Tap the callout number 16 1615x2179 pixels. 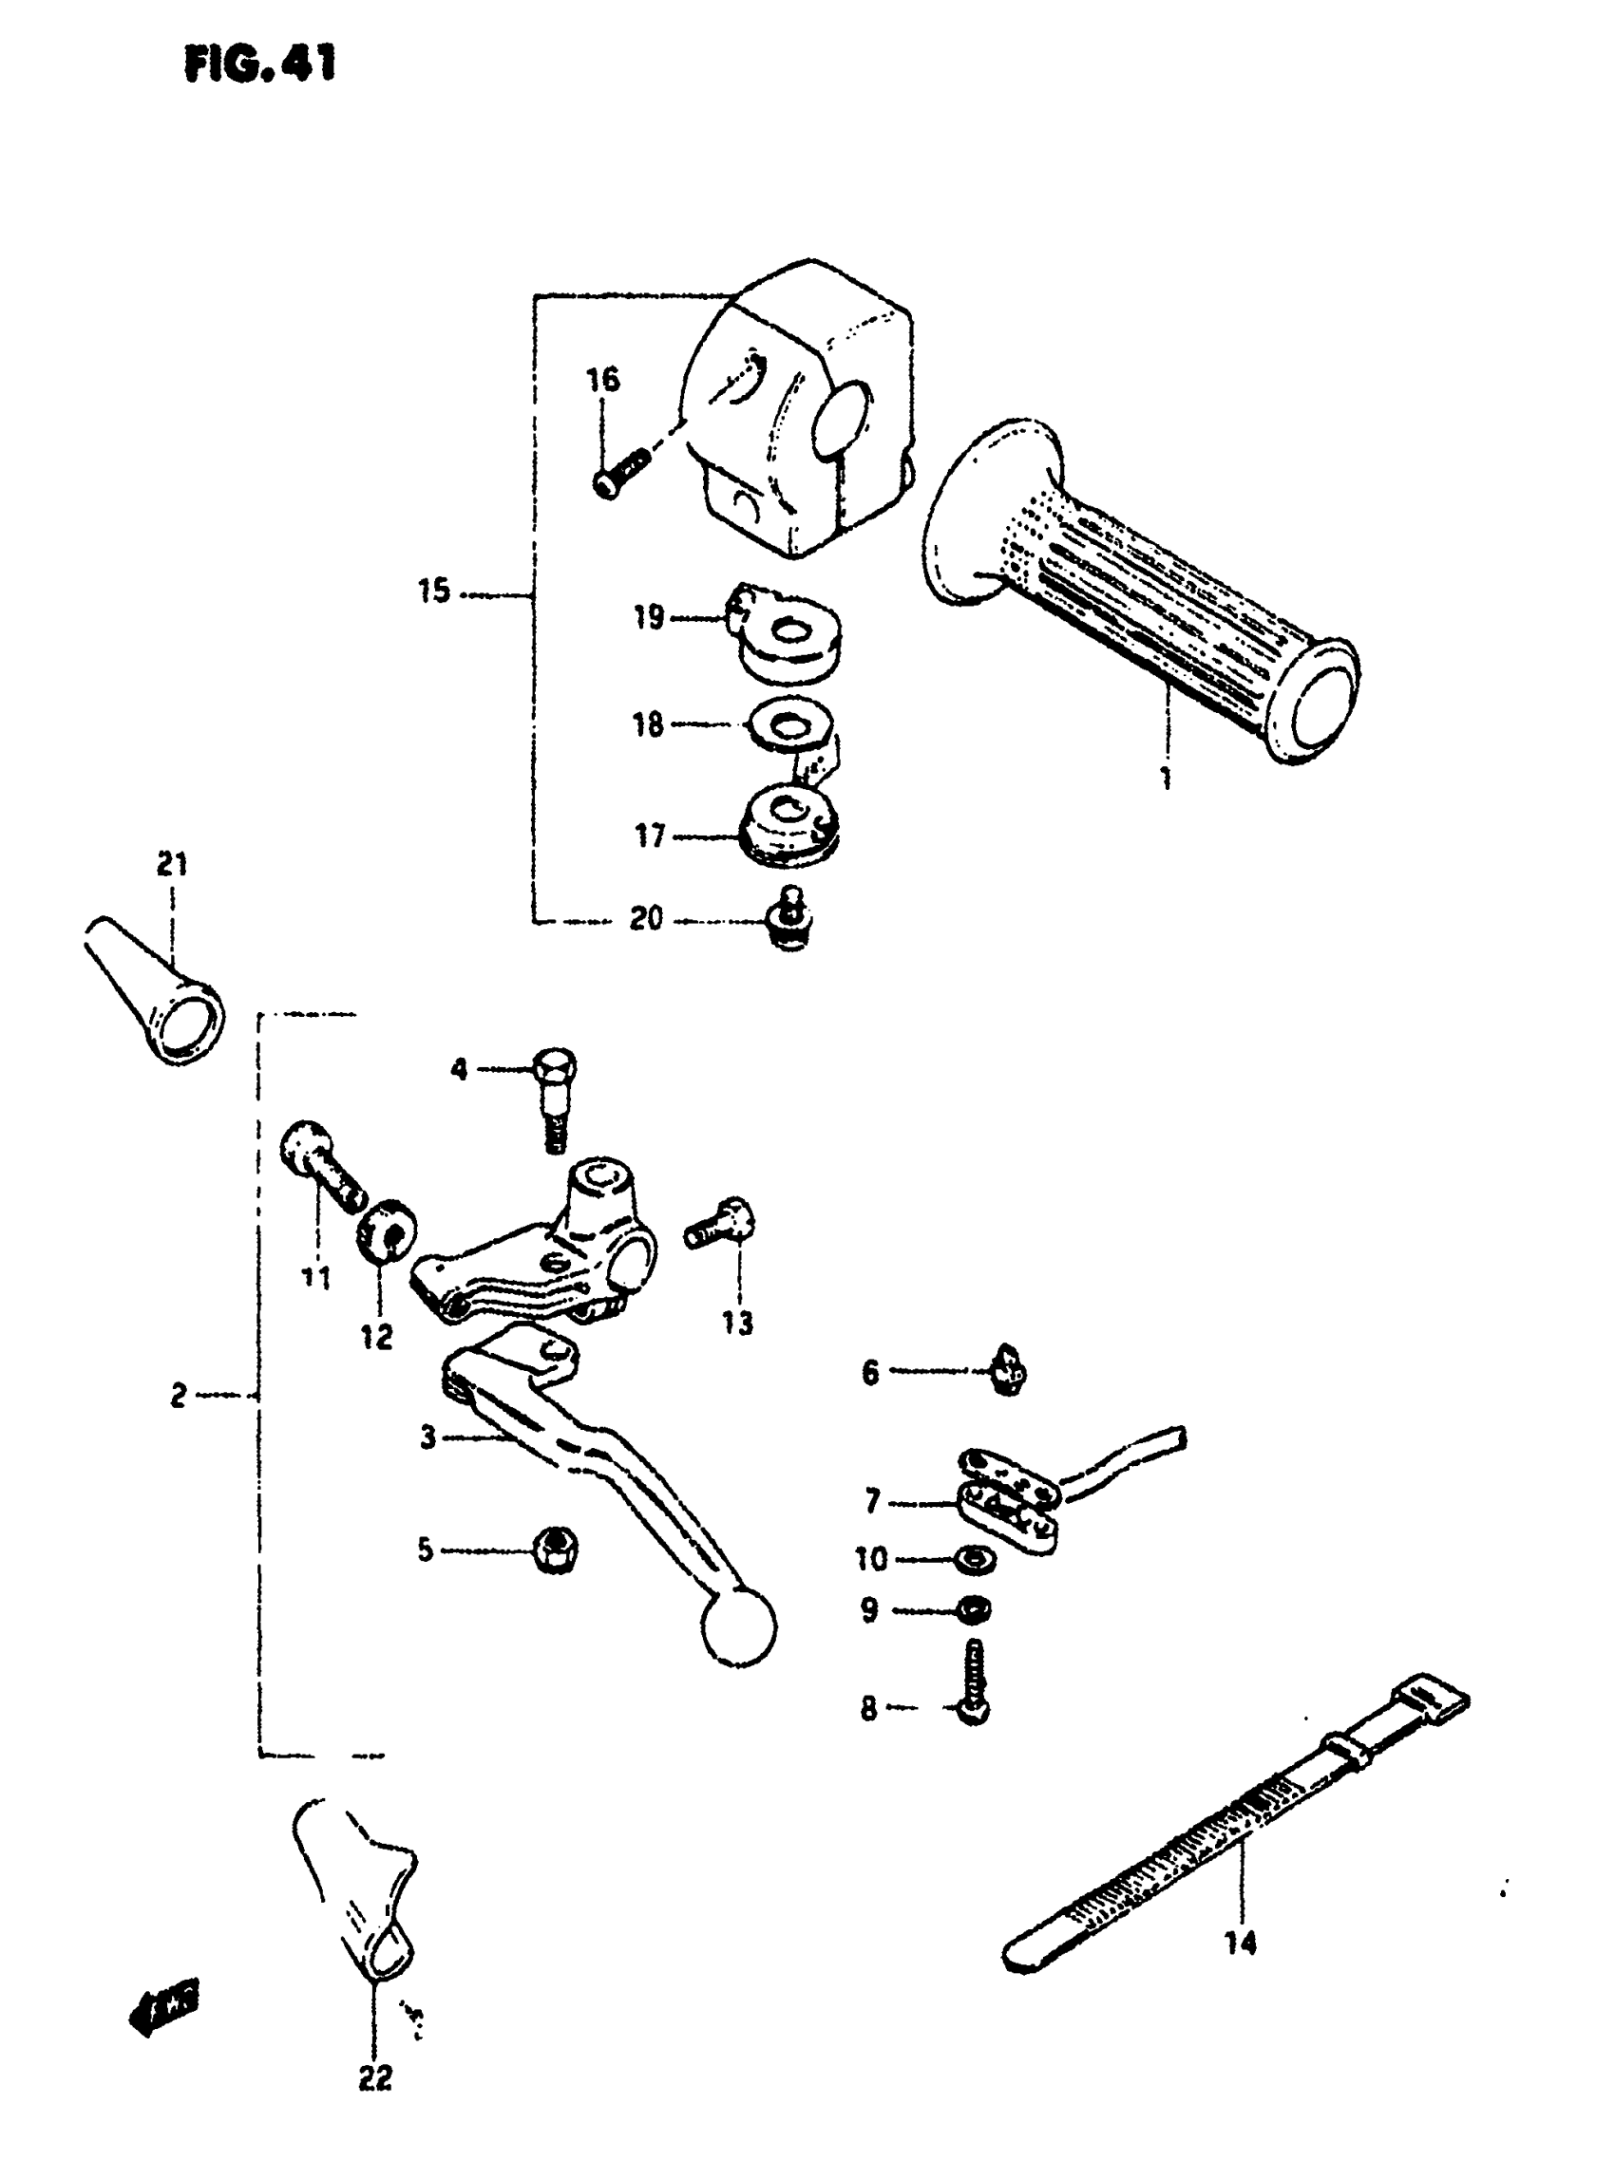pos(603,379)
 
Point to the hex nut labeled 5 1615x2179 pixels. pos(556,1547)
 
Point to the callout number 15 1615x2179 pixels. pos(434,592)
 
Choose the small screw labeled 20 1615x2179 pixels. pos(793,918)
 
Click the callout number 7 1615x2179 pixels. pos(872,1500)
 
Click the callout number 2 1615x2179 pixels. pos(178,1396)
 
